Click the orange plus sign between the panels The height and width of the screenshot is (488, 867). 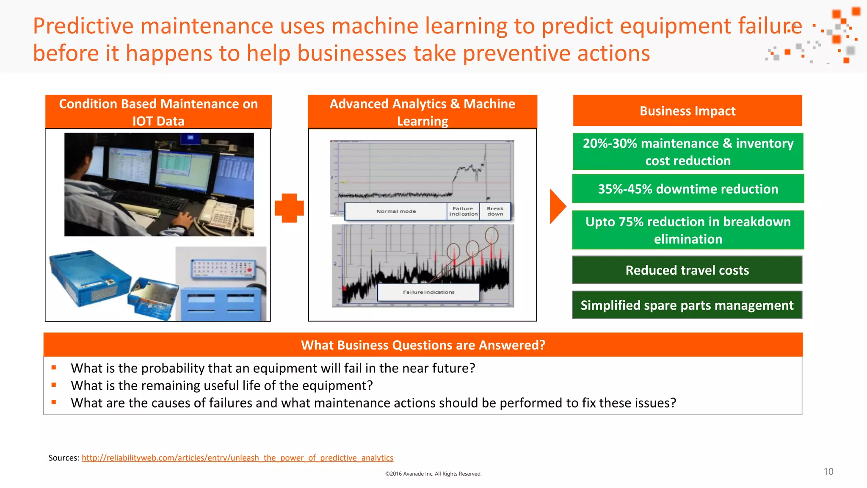click(289, 208)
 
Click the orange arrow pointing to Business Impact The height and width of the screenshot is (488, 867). click(557, 206)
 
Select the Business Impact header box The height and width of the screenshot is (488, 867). click(687, 111)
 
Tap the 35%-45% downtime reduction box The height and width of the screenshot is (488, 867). click(688, 189)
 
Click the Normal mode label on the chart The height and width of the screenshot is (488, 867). click(396, 211)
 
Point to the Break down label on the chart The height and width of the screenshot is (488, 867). click(495, 211)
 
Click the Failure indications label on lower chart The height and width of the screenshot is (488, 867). click(428, 292)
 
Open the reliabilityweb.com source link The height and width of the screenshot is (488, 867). click(237, 458)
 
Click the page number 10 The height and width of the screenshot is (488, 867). click(828, 471)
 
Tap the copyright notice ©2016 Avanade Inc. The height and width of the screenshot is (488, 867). click(433, 474)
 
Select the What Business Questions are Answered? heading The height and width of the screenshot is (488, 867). click(423, 345)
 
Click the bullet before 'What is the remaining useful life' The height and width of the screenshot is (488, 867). click(54, 385)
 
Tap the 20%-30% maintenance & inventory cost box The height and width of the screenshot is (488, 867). click(688, 152)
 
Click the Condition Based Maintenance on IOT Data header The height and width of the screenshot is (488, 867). click(158, 112)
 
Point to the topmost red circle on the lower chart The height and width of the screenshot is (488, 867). click(491, 235)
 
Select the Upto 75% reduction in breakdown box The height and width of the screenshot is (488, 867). click(688, 230)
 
